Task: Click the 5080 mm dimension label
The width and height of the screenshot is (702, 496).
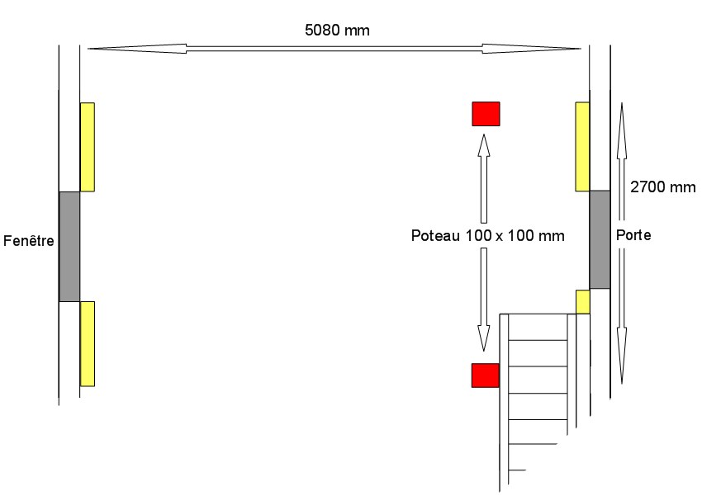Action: tap(338, 30)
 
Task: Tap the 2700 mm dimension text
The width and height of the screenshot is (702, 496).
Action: tap(662, 187)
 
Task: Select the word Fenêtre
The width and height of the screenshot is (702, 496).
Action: tap(29, 242)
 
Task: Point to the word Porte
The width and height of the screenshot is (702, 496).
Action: tap(633, 235)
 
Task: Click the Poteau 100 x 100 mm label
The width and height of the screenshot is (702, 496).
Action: tap(487, 236)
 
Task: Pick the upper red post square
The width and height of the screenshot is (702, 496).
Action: tap(486, 114)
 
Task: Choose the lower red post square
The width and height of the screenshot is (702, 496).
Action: tap(485, 375)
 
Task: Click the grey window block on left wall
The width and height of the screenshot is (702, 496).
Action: tap(69, 247)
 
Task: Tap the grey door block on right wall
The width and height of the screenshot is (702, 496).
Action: tap(600, 239)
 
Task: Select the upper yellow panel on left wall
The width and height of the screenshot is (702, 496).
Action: tap(87, 147)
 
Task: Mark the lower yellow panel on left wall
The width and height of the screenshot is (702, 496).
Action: tap(87, 343)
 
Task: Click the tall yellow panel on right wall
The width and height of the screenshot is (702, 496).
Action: tap(582, 147)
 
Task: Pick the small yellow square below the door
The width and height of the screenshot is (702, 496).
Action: tap(582, 302)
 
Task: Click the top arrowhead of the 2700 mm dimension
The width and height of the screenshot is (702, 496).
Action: tap(621, 116)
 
